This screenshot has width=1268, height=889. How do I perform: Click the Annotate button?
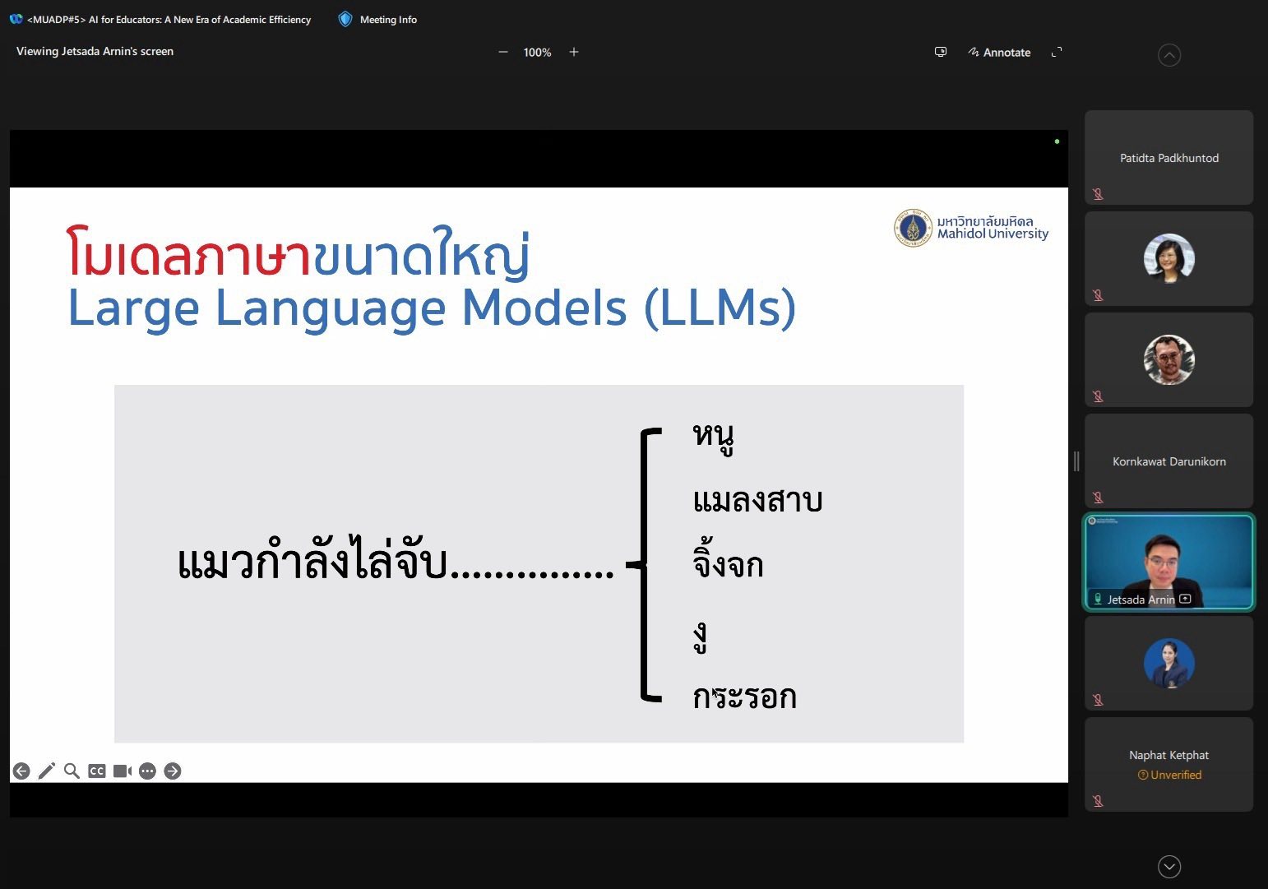999,52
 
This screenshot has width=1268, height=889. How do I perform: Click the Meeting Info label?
388,20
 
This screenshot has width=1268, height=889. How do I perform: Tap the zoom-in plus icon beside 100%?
574,52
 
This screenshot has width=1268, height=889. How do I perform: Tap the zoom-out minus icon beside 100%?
502,52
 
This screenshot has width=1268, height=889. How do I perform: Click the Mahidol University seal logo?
913,228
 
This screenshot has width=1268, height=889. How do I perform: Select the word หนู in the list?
713,438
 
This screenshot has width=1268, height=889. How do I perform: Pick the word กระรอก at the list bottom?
744,697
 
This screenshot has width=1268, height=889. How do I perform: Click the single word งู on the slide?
701,639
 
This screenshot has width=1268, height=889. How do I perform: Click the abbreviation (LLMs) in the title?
720,308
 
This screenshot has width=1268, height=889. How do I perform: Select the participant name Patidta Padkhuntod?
1169,158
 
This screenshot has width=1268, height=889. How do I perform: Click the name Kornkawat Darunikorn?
1169,461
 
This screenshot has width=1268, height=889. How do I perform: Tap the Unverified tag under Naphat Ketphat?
1169,775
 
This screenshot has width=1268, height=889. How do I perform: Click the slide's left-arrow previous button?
21,771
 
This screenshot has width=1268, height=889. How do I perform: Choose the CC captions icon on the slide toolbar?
97,771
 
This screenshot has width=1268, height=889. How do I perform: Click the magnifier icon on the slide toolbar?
72,771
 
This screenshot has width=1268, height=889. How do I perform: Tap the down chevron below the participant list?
1169,866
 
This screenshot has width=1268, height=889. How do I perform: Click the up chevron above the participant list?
1169,55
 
